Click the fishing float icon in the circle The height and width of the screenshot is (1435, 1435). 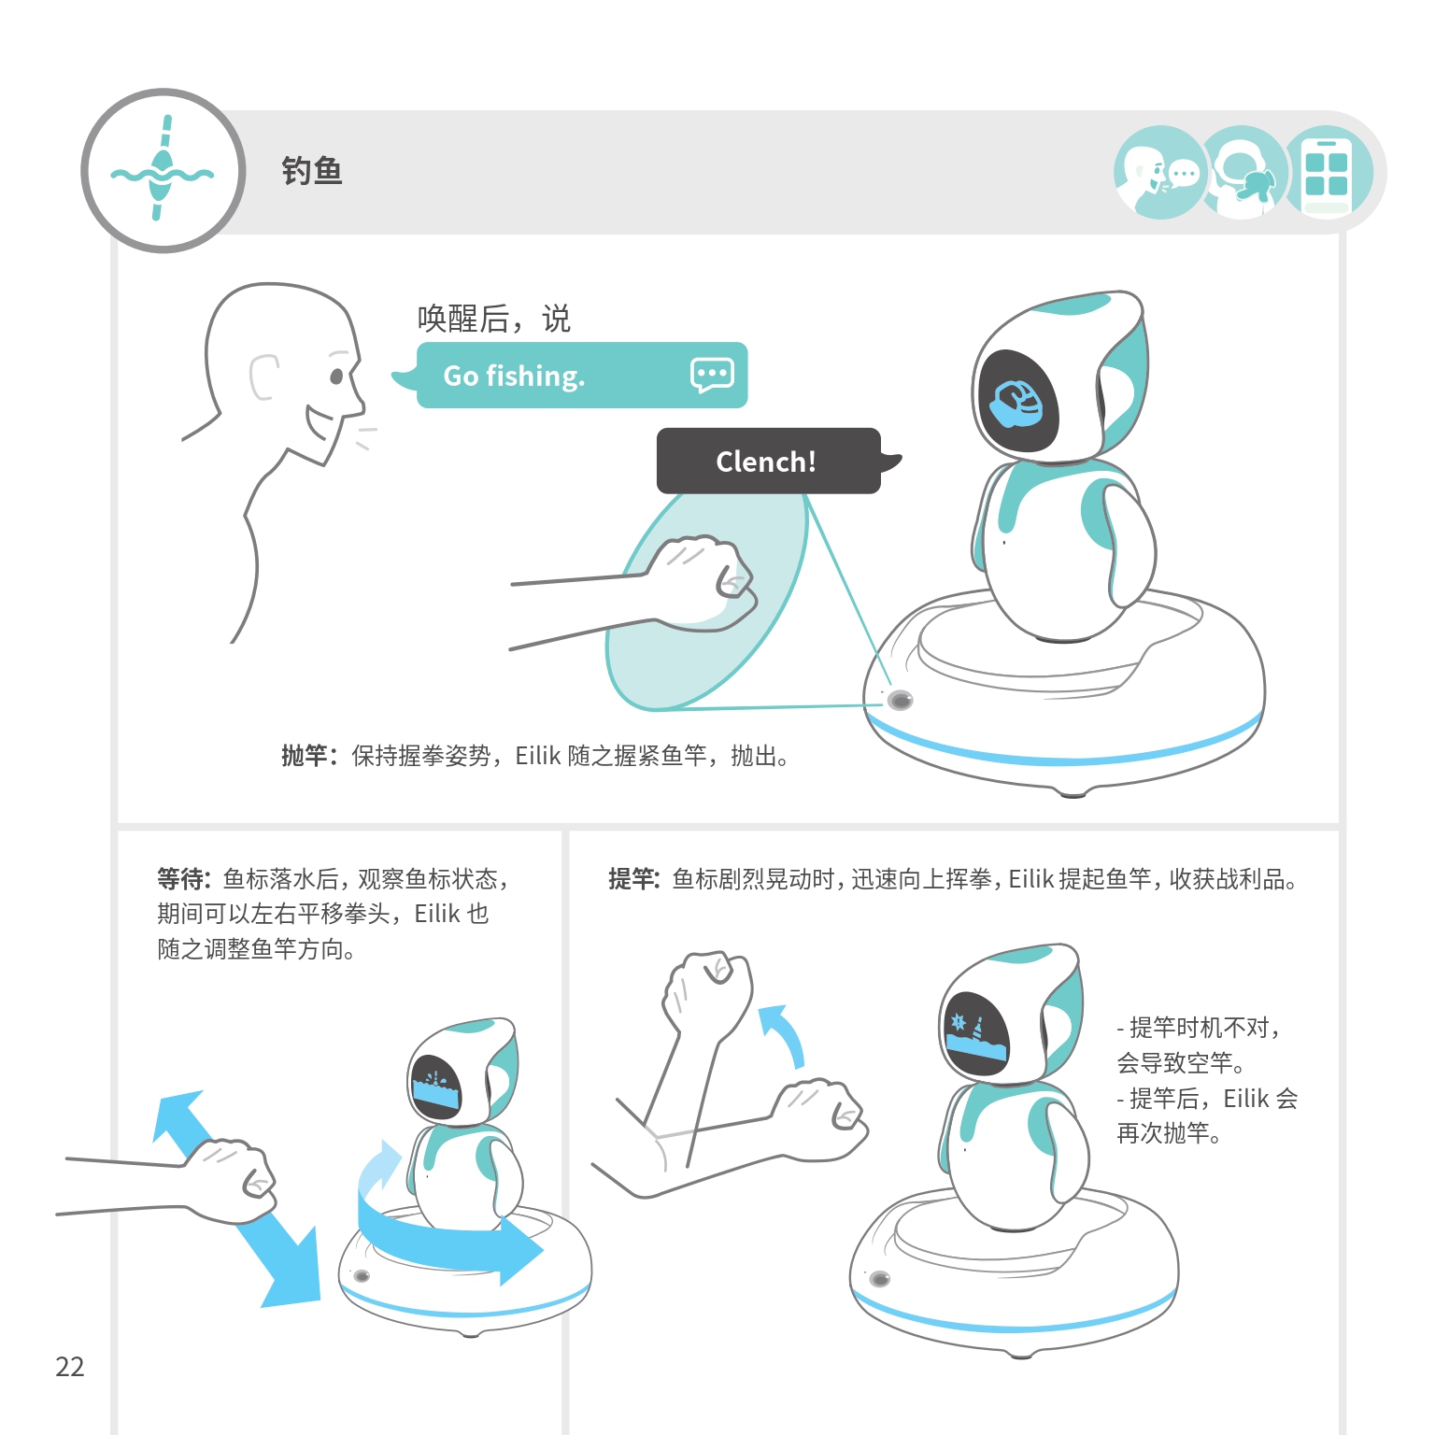tap(163, 169)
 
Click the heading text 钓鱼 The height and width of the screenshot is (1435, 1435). tap(312, 171)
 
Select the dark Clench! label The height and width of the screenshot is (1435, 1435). tap(769, 461)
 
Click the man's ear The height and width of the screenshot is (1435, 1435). tap(263, 377)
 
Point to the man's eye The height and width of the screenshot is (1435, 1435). tap(336, 377)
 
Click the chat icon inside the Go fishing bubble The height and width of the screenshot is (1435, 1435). tap(712, 375)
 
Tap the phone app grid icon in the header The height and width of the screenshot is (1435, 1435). tap(1328, 173)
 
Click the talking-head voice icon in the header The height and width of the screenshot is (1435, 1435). tap(1158, 173)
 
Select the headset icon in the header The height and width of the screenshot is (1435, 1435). tap(1243, 173)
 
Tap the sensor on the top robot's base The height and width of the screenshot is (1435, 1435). tap(900, 700)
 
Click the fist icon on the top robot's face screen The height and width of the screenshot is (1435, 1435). tap(1016, 403)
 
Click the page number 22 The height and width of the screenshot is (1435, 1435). tap(70, 1367)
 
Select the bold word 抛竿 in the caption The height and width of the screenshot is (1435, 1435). tap(305, 756)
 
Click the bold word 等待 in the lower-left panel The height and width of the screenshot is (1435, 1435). tap(180, 879)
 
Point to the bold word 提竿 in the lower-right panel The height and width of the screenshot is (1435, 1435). tap(632, 879)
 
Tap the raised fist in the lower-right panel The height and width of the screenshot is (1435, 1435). tap(706, 994)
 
